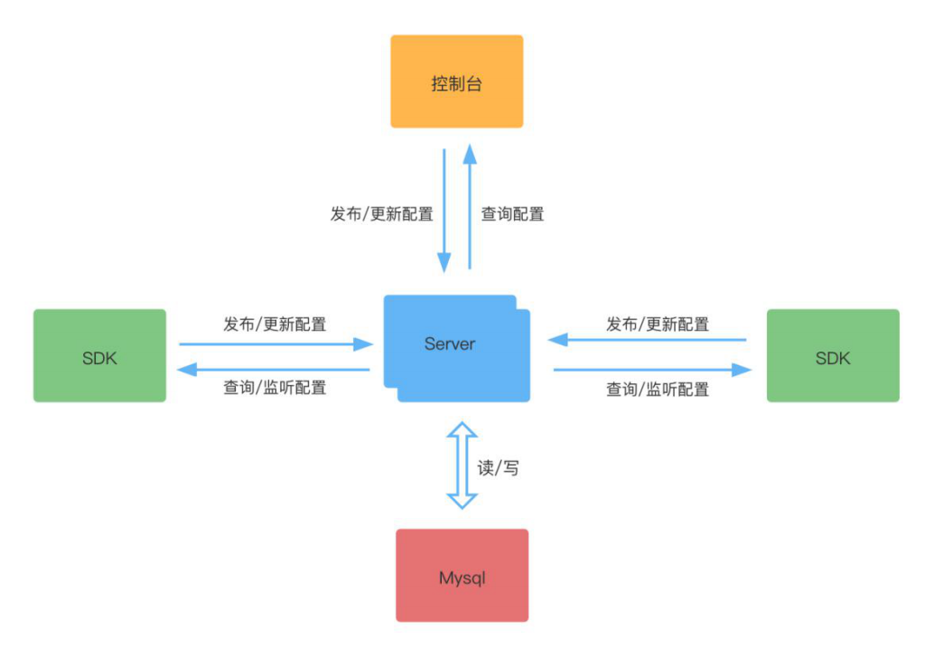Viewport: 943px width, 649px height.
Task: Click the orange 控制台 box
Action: (x=456, y=81)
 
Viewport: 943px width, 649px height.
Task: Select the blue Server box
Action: (x=456, y=348)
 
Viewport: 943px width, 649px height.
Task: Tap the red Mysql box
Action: (x=462, y=575)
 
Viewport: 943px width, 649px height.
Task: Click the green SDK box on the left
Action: (x=99, y=355)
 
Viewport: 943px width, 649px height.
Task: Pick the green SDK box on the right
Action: (x=833, y=355)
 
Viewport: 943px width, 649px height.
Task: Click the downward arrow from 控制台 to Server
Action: (x=444, y=210)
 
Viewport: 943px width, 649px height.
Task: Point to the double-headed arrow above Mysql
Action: (x=462, y=466)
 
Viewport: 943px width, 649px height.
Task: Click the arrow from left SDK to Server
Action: (x=275, y=343)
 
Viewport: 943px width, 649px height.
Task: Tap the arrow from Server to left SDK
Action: (x=275, y=370)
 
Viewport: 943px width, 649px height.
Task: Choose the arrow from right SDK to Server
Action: (x=647, y=340)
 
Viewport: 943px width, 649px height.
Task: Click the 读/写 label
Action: (x=499, y=468)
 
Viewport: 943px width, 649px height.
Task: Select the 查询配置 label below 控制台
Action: (x=512, y=214)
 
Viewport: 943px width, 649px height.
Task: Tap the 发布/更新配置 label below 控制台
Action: (x=382, y=214)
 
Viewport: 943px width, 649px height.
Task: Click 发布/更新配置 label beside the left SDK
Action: (x=275, y=324)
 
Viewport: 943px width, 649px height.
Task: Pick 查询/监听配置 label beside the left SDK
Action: (x=275, y=388)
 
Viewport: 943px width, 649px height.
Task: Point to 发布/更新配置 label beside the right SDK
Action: (x=658, y=324)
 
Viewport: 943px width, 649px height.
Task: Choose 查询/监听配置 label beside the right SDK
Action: (x=658, y=390)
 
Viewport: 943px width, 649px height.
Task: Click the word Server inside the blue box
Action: (x=450, y=343)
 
